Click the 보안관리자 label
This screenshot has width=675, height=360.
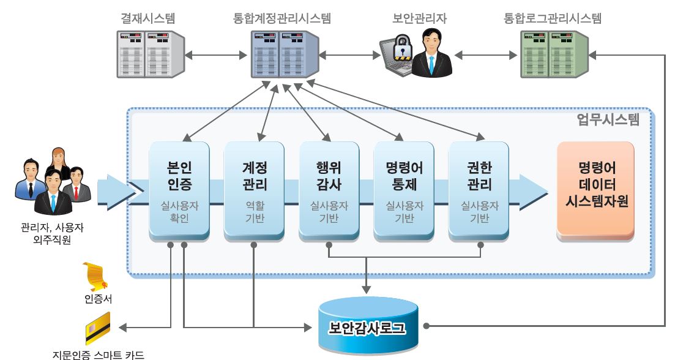tap(420, 18)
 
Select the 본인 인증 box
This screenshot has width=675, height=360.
tap(179, 190)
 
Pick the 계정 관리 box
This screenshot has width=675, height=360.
tap(254, 190)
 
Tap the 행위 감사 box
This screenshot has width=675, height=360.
tap(329, 190)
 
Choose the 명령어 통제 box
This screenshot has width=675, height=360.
tap(404, 190)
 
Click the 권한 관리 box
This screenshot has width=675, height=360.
tap(479, 190)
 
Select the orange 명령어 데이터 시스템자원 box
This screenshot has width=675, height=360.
tap(595, 190)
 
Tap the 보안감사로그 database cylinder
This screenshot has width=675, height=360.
tap(367, 328)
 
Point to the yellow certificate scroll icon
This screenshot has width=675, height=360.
tap(97, 276)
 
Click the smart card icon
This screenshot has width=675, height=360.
tap(97, 329)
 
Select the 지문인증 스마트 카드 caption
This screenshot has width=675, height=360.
tap(98, 353)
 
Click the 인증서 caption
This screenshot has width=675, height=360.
tap(98, 299)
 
